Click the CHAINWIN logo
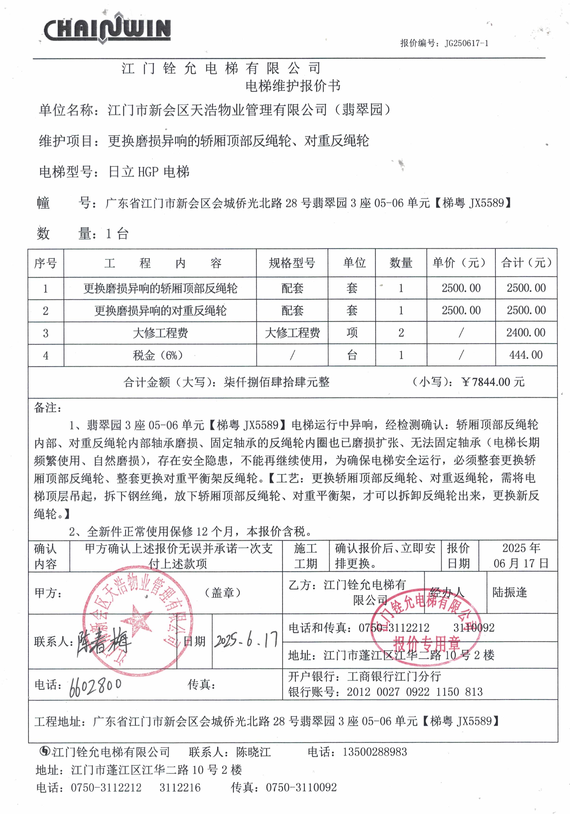tap(107, 29)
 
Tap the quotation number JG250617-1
tap(466, 43)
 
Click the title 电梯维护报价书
tap(293, 86)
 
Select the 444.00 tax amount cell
tap(526, 355)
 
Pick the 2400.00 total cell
tap(526, 333)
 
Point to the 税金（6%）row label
tap(158, 355)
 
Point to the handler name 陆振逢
tap(510, 592)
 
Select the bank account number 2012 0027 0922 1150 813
tap(415, 692)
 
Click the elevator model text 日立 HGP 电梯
tap(149, 172)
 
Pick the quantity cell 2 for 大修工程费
tap(401, 333)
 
